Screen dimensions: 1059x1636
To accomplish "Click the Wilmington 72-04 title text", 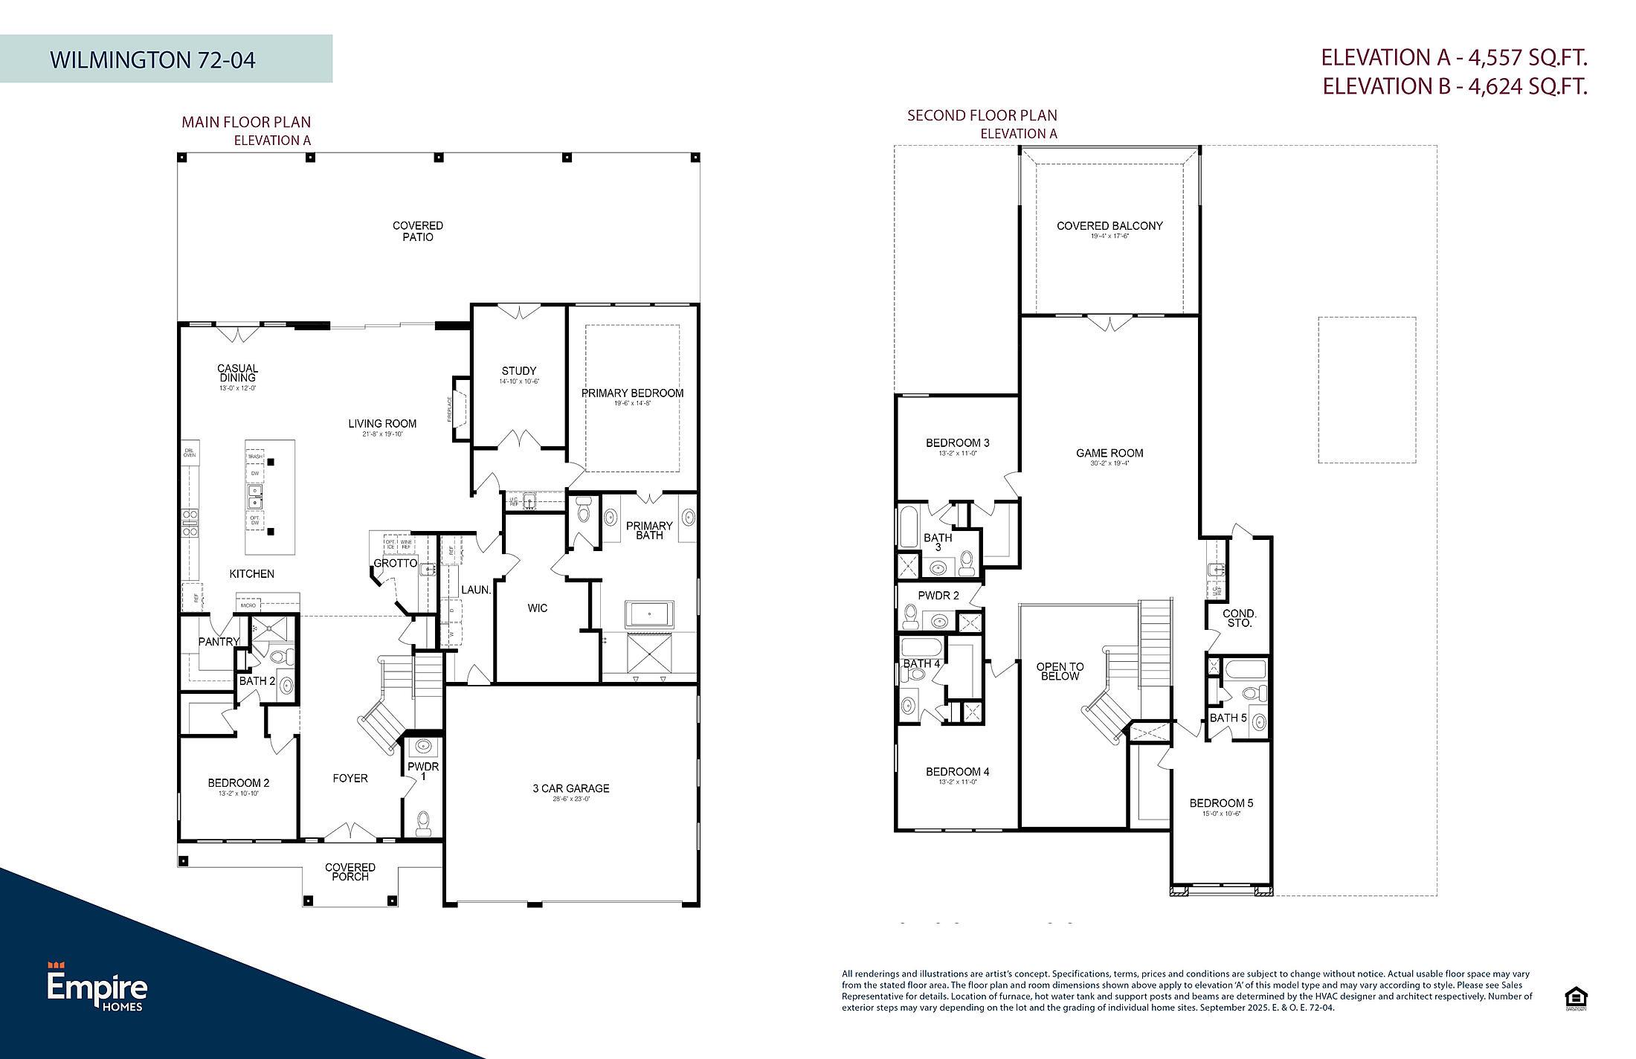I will point(152,59).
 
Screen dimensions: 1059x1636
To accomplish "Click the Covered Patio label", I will point(418,231).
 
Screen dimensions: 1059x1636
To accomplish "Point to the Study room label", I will point(518,371).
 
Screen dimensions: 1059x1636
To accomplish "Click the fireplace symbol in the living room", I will point(460,409).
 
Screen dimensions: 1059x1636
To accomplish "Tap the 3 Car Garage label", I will point(570,788).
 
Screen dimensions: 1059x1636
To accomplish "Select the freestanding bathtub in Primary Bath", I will point(651,615).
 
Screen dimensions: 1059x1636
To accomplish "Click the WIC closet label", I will point(538,608).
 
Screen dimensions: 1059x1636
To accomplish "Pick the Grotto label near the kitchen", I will point(395,564).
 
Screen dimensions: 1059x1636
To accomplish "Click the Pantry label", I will point(219,642).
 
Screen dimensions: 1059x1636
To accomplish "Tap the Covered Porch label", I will point(350,872).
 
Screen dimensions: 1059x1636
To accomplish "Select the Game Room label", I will point(1110,453).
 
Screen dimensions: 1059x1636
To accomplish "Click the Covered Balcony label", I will point(1110,226).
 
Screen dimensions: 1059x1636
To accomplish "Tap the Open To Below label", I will point(1060,672).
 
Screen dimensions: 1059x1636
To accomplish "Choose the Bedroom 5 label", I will point(1221,803).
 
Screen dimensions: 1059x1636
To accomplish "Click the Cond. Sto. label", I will point(1240,618).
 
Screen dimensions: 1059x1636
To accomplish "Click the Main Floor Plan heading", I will point(246,122).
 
